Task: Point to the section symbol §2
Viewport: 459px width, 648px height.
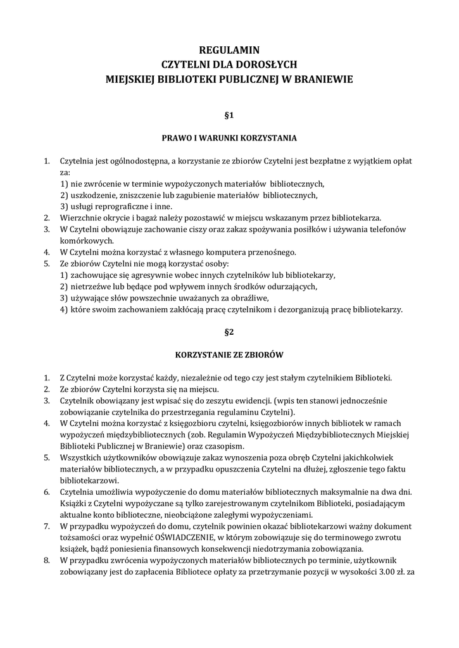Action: [x=229, y=331]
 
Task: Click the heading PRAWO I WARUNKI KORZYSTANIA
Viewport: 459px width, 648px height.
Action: [x=229, y=137]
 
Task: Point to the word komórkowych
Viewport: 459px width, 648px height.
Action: [x=87, y=240]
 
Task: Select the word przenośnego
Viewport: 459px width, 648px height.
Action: [x=273, y=252]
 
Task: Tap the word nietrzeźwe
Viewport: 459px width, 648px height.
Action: [x=91, y=287]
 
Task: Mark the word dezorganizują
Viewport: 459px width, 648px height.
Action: [x=325, y=309]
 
